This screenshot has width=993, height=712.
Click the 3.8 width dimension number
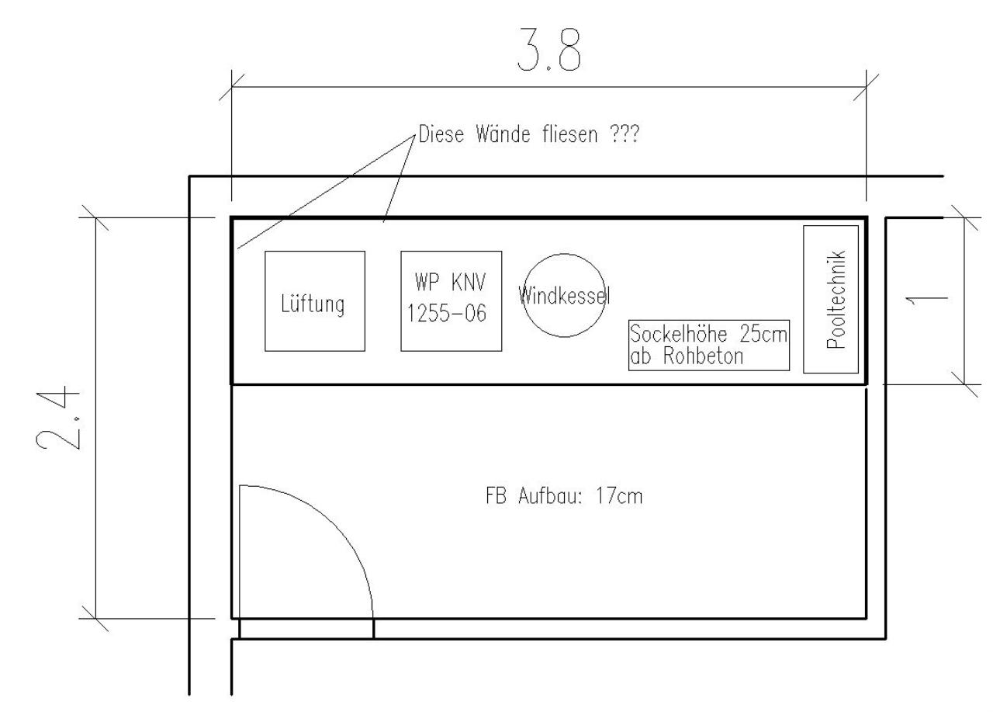pos(548,50)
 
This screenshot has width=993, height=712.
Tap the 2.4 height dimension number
pos(58,419)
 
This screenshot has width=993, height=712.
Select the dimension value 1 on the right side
pos(926,300)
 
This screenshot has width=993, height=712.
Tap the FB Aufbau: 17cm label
pos(564,496)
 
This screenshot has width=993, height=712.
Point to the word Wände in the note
pos(503,134)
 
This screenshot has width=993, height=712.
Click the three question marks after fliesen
pos(625,134)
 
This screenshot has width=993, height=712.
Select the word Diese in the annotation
pos(441,134)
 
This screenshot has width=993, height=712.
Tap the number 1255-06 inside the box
pos(446,313)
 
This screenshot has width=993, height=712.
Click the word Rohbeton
pos(703,356)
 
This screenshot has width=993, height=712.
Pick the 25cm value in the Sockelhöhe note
pos(763,334)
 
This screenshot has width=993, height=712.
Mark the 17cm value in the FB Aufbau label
pos(619,496)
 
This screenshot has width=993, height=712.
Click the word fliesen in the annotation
pos(570,134)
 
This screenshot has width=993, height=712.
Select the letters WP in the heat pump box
pos(427,282)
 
